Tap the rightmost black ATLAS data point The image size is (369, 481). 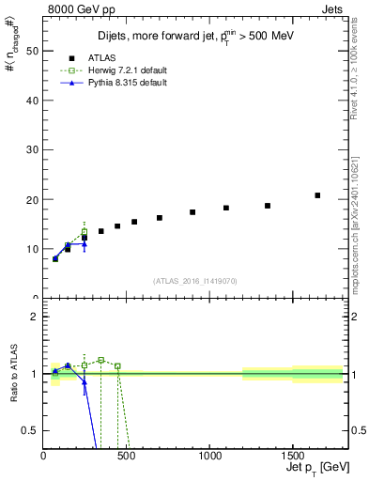click(317, 195)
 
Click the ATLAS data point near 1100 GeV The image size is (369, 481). click(226, 208)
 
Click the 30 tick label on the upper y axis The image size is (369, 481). click(34, 150)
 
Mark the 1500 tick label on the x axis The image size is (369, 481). click(292, 457)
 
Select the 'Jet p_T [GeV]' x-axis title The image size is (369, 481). click(314, 468)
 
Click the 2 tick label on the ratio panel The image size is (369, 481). click(36, 317)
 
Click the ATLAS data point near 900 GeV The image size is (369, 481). click(192, 212)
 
